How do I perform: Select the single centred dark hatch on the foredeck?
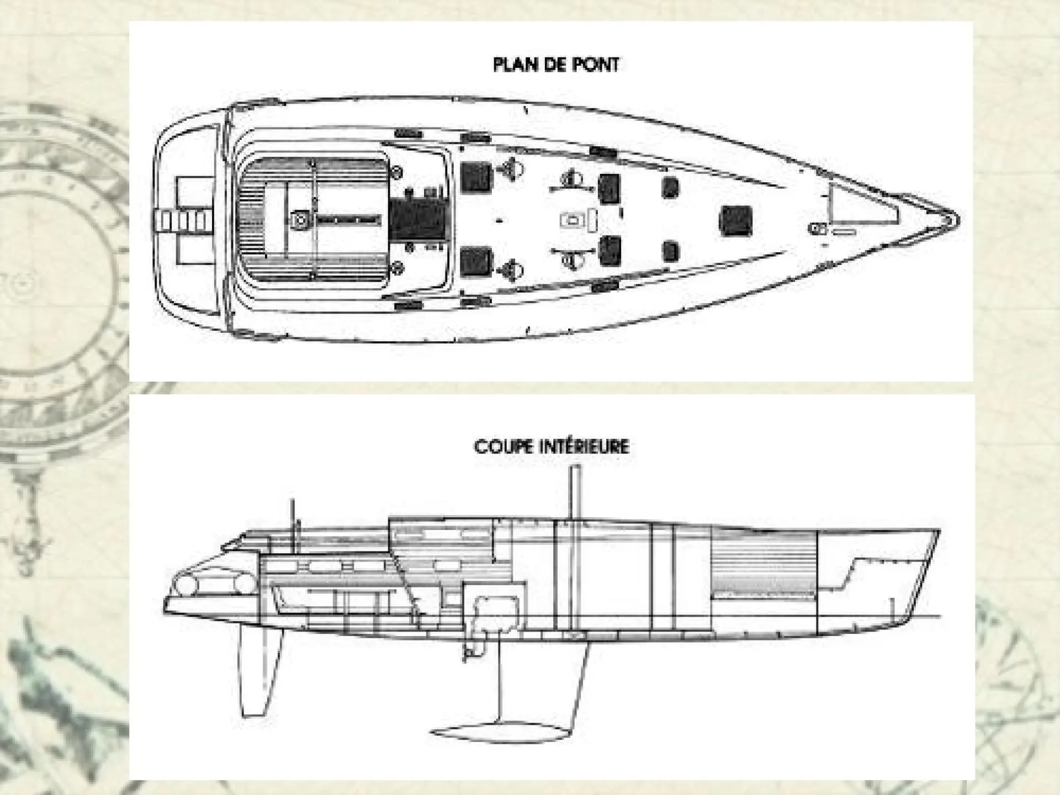point(735,220)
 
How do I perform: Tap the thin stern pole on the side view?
point(293,524)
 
